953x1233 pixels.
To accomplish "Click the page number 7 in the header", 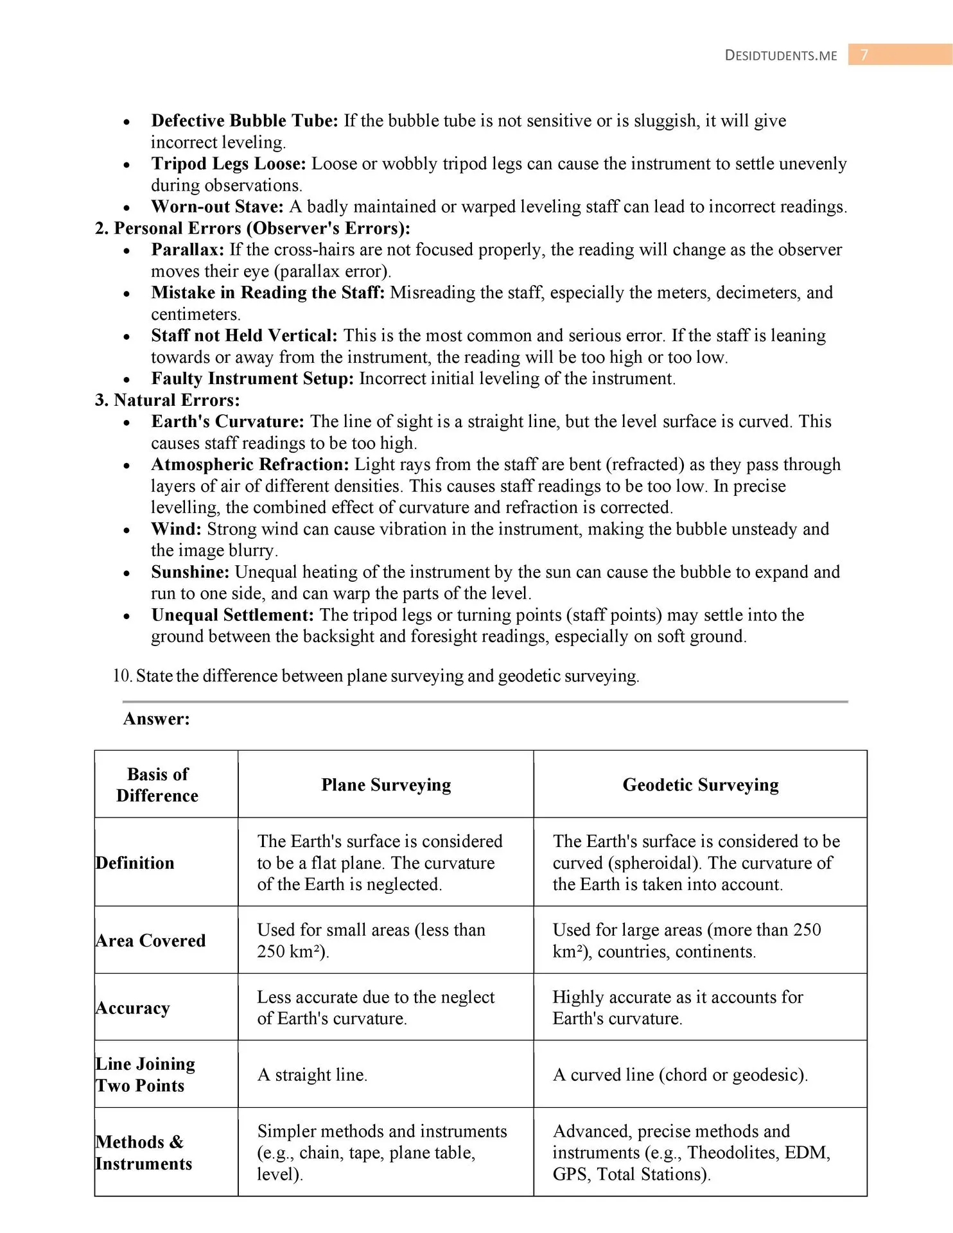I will click(864, 55).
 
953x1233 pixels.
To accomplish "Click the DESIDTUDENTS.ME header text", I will click(780, 55).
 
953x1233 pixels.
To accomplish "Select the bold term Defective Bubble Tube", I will click(244, 121).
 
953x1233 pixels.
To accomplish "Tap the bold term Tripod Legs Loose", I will click(229, 164).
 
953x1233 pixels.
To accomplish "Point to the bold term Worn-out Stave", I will click(217, 207).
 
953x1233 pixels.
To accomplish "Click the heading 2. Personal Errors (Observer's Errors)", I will click(252, 228).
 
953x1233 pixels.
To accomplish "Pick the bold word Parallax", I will click(188, 250).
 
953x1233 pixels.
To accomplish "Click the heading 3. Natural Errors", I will click(167, 400).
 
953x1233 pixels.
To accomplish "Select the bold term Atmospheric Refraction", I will click(250, 464).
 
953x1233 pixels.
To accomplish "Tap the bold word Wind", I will click(177, 529).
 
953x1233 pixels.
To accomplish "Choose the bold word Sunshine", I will click(190, 572).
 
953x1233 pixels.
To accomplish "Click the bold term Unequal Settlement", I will click(232, 615).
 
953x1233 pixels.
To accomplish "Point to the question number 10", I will click(122, 676).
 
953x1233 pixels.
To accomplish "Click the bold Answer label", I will click(156, 719).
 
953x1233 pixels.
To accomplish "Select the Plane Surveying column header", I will click(386, 785).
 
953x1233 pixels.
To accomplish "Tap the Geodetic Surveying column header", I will click(700, 785).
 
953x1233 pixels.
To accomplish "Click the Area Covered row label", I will click(151, 940).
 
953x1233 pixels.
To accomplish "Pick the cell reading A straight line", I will click(312, 1074).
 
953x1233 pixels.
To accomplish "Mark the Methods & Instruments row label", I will click(144, 1153).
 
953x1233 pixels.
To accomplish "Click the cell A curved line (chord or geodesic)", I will click(679, 1074).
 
